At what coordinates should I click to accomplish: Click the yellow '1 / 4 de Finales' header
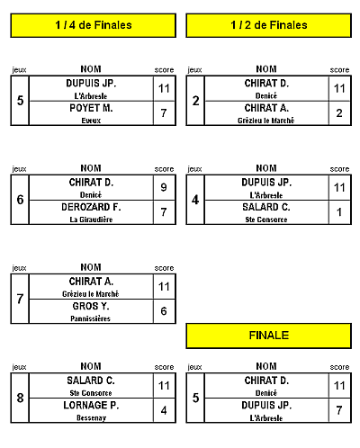pyautogui.click(x=94, y=25)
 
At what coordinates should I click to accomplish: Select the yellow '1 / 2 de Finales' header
pyautogui.click(x=269, y=25)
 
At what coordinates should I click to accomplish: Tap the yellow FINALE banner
pyautogui.click(x=269, y=336)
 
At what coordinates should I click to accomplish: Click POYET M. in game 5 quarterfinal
pyautogui.click(x=91, y=108)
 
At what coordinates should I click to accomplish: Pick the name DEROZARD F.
pyautogui.click(x=91, y=207)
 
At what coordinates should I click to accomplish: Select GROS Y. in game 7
pyautogui.click(x=91, y=306)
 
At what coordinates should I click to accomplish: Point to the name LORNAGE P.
pyautogui.click(x=91, y=405)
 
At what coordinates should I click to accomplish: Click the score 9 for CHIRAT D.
pyautogui.click(x=164, y=187)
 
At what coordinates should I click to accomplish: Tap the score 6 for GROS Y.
pyautogui.click(x=164, y=311)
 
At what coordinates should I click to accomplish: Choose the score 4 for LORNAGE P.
pyautogui.click(x=164, y=410)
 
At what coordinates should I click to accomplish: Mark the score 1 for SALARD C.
pyautogui.click(x=339, y=212)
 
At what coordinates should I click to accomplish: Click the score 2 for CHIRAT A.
pyautogui.click(x=339, y=113)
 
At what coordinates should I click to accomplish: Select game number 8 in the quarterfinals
pyautogui.click(x=20, y=398)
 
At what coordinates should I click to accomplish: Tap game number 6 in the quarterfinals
pyautogui.click(x=20, y=200)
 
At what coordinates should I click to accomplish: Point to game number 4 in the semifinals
pyautogui.click(x=195, y=200)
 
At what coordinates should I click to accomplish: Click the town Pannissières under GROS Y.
pyautogui.click(x=91, y=318)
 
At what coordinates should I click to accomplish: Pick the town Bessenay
pyautogui.click(x=91, y=417)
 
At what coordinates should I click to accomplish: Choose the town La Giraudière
pyautogui.click(x=91, y=220)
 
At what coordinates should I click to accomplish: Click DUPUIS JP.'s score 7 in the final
pyautogui.click(x=339, y=410)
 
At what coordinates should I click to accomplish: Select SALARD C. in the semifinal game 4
pyautogui.click(x=266, y=207)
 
